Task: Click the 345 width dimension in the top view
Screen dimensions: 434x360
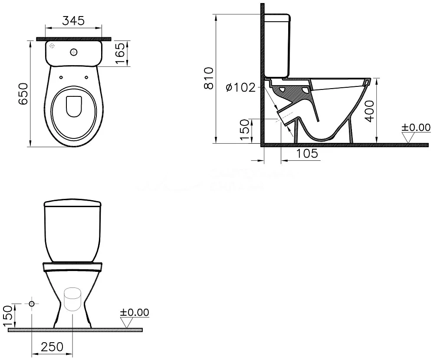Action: click(x=73, y=20)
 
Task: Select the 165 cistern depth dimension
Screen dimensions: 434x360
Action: click(x=120, y=53)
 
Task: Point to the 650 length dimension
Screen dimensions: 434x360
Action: click(x=23, y=94)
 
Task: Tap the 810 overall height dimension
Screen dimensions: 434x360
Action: click(x=209, y=78)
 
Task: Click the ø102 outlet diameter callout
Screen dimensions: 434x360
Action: click(x=241, y=88)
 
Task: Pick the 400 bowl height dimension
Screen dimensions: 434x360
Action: click(x=369, y=111)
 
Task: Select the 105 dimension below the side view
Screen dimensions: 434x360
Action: click(x=307, y=153)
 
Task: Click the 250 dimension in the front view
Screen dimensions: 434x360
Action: click(x=52, y=347)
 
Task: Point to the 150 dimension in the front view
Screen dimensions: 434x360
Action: click(x=8, y=316)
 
